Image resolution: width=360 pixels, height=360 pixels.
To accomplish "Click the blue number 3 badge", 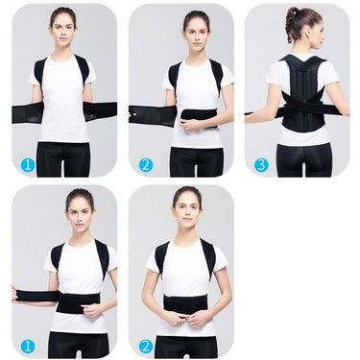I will pyautogui.click(x=260, y=164).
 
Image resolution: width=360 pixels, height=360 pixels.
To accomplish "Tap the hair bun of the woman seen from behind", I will pyautogui.click(x=290, y=13).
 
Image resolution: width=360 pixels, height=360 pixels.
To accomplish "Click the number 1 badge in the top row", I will pyautogui.click(x=28, y=164).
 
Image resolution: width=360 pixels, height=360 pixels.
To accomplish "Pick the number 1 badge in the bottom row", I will pyautogui.click(x=28, y=345).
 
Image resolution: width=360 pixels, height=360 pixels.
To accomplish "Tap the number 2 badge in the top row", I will pyautogui.click(x=145, y=164).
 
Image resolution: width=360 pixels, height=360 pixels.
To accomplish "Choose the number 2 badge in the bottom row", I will pyautogui.click(x=145, y=345).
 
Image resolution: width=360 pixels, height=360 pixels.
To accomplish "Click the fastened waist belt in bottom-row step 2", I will pyautogui.click(x=186, y=304).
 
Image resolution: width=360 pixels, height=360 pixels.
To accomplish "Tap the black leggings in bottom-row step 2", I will pyautogui.click(x=186, y=346).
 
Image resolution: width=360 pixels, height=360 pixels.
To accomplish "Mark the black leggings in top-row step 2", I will pyautogui.click(x=196, y=161).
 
